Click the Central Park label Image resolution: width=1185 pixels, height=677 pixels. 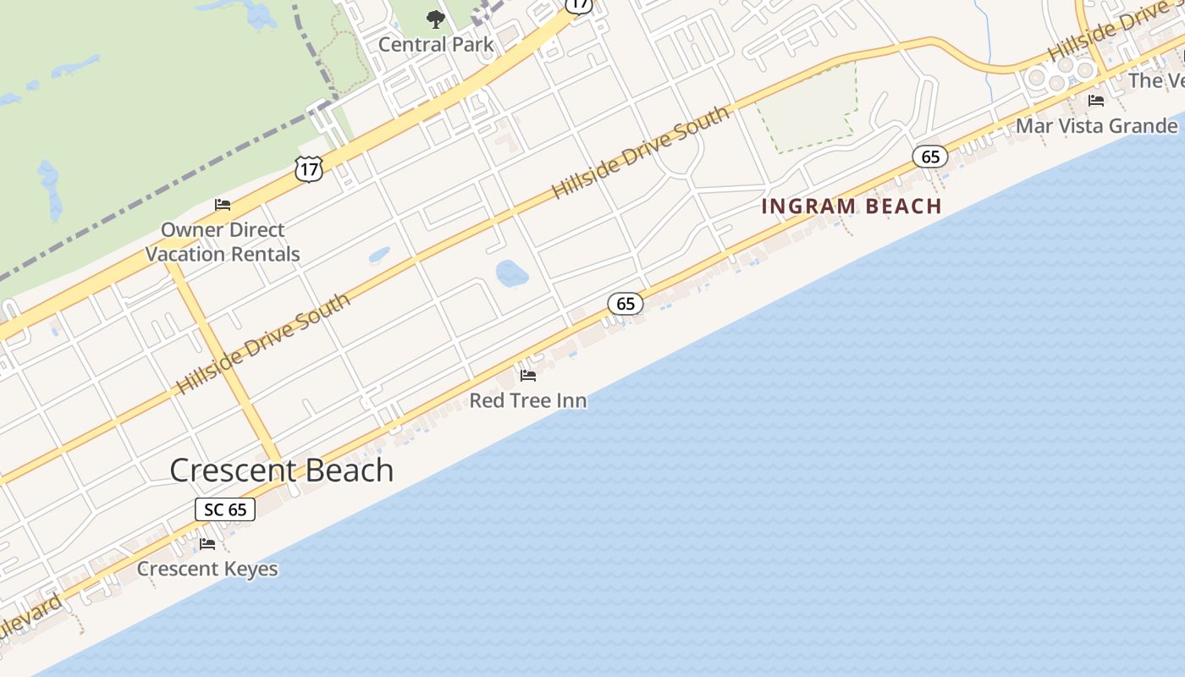(x=435, y=44)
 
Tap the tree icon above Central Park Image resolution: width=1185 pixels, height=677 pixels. (x=435, y=19)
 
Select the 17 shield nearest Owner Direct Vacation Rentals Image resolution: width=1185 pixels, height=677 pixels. (x=309, y=169)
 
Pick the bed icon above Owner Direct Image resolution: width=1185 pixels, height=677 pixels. (x=223, y=205)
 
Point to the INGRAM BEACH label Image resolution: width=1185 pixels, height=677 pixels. (x=852, y=206)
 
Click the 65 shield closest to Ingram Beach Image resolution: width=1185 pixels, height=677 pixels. (x=930, y=157)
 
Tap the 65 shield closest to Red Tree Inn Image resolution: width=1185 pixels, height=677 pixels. (x=626, y=304)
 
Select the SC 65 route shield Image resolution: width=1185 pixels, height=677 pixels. (x=225, y=509)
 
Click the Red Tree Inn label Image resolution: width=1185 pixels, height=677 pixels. (x=528, y=400)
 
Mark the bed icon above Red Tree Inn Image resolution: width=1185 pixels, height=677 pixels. (x=528, y=375)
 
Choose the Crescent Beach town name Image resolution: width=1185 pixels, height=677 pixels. (x=282, y=471)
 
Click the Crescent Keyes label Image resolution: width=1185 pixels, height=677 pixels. (x=207, y=569)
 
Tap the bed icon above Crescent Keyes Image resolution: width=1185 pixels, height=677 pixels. (x=207, y=543)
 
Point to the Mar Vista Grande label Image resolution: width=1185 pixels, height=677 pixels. (x=1096, y=126)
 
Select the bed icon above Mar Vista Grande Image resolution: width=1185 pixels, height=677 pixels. (x=1096, y=101)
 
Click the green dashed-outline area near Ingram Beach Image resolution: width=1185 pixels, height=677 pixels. (x=808, y=110)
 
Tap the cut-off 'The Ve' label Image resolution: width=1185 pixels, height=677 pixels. (x=1156, y=80)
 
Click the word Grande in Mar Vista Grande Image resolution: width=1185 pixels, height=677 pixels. (x=1142, y=126)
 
